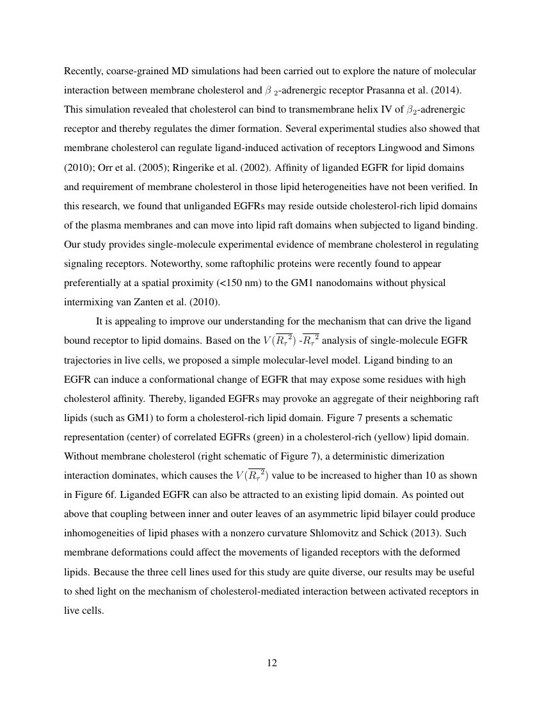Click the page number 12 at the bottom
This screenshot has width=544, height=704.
[271, 662]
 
